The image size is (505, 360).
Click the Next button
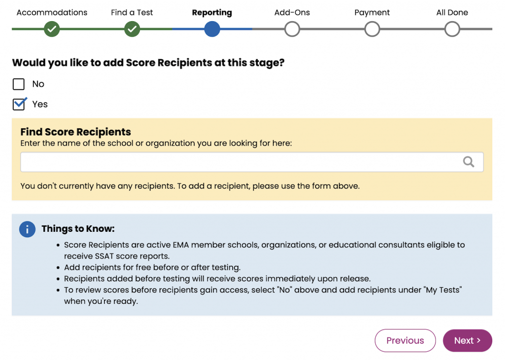[x=467, y=340]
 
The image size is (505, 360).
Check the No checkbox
[x=19, y=84]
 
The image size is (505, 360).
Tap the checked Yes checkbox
[x=19, y=104]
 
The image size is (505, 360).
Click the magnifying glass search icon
[x=469, y=162]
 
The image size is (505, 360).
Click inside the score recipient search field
[x=237, y=162]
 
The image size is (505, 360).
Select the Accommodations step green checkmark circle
[x=52, y=29]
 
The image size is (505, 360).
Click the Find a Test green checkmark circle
[x=132, y=29]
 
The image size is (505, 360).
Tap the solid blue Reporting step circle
[x=212, y=29]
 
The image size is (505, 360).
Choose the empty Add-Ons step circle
[x=292, y=29]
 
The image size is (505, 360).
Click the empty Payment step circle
[x=372, y=29]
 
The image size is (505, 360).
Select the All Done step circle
[x=452, y=29]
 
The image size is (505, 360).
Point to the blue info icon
[x=27, y=229]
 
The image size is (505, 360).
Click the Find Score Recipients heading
[x=75, y=132]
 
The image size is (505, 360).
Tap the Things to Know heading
[x=78, y=229]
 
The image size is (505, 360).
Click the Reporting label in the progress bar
[x=212, y=13]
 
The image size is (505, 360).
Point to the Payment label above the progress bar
[x=372, y=13]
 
